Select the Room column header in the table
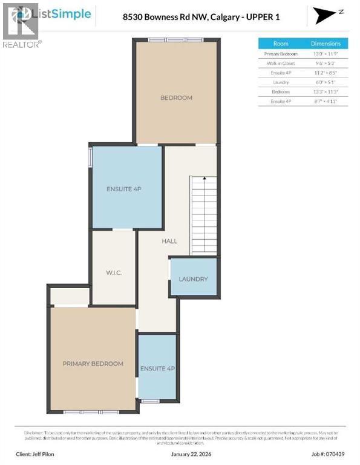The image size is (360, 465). point(281,44)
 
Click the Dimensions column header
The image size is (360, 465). point(326,44)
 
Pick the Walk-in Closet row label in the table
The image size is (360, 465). point(281,63)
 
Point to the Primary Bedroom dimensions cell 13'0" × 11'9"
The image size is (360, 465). point(326,53)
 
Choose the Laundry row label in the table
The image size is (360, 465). point(281,82)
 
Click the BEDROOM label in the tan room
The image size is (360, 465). point(176,97)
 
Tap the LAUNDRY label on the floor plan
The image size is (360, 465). point(193,279)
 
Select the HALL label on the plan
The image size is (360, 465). point(169,241)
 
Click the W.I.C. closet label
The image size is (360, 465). point(114,273)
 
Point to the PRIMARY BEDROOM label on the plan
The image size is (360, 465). point(93,363)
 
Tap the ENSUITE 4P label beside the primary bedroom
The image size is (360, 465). point(157,368)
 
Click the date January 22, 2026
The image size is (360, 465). point(179,453)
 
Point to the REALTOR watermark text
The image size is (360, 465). point(22,44)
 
